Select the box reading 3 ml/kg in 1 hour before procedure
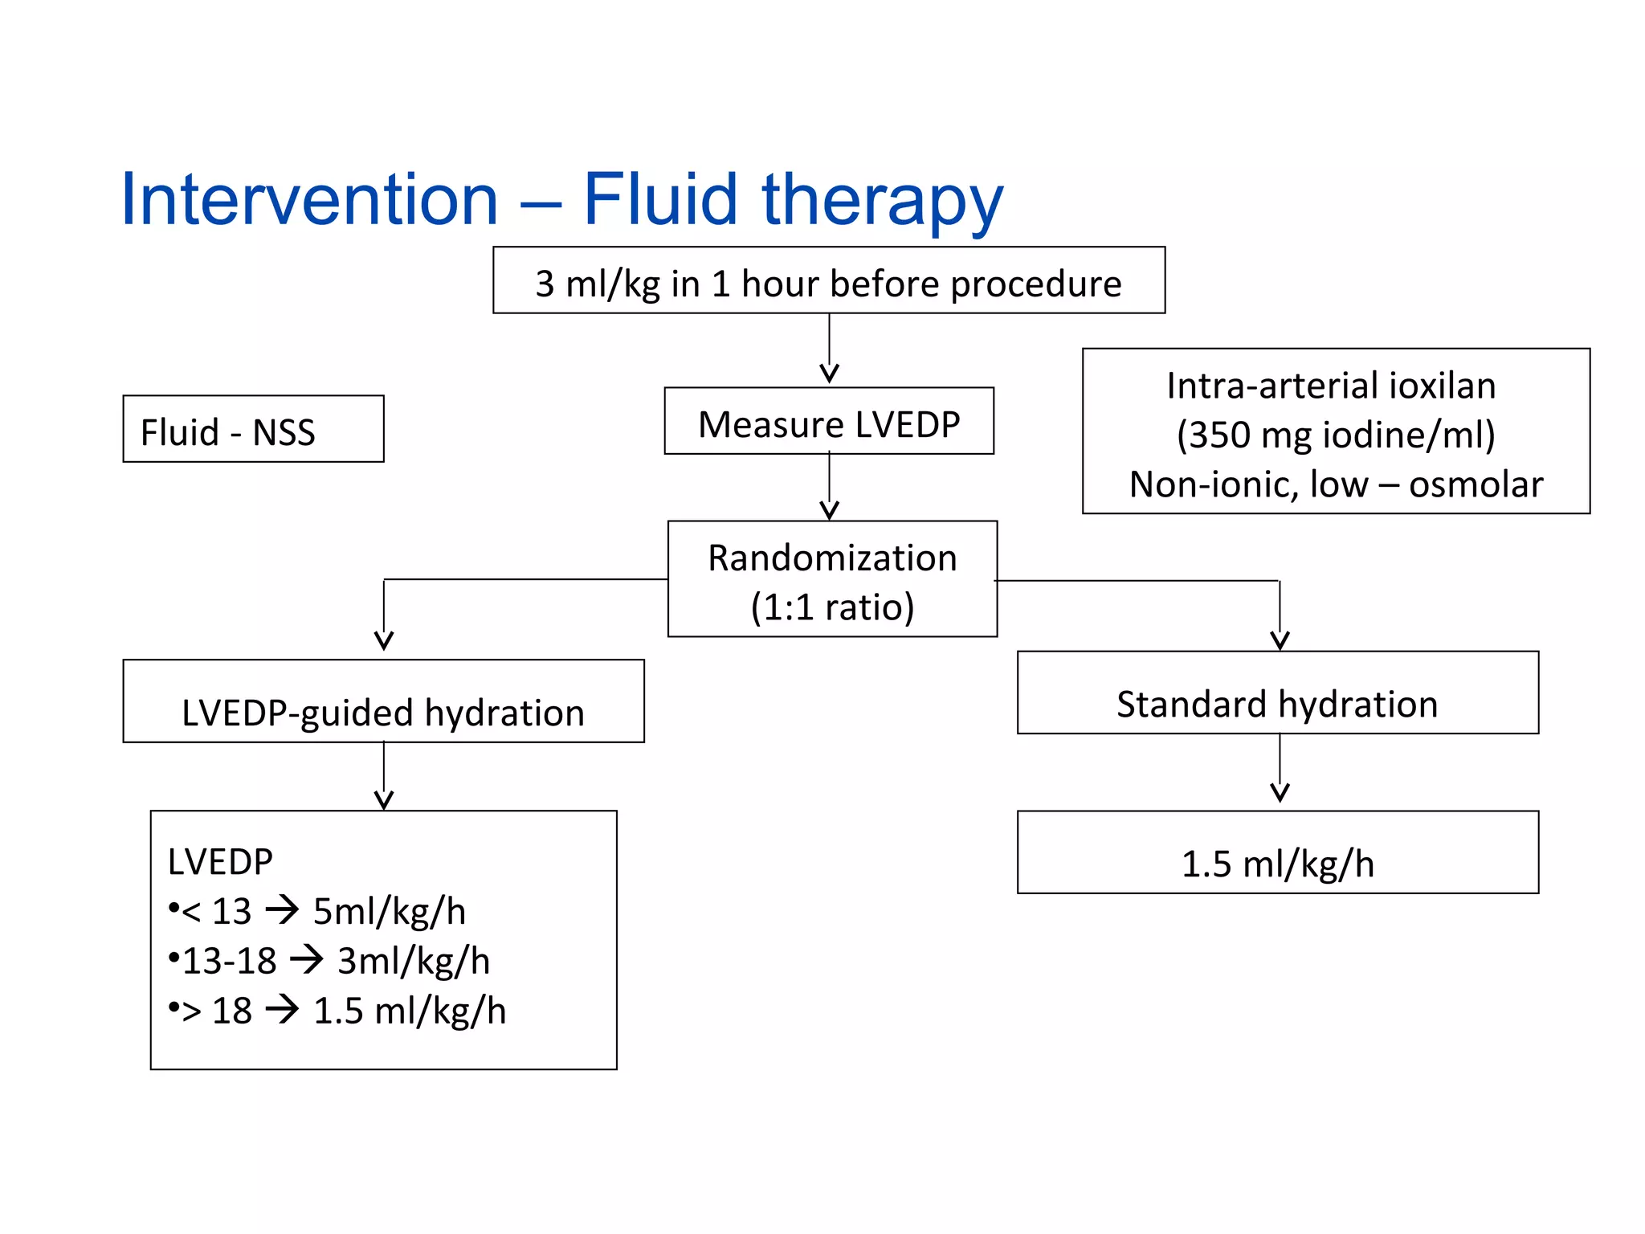(x=828, y=281)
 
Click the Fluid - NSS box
(x=253, y=430)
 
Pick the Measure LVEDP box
(x=828, y=423)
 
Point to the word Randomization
(x=832, y=558)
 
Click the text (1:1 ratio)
(x=832, y=607)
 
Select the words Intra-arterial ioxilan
(x=1331, y=386)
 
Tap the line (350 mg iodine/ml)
(x=1336, y=435)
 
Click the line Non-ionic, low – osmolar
(x=1336, y=484)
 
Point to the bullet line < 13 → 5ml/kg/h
(x=318, y=911)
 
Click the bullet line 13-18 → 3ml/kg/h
(x=329, y=961)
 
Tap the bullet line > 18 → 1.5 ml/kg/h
(x=337, y=1011)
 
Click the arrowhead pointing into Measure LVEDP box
(x=829, y=374)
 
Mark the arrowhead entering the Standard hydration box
(x=1280, y=640)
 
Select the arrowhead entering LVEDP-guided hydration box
(x=384, y=640)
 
